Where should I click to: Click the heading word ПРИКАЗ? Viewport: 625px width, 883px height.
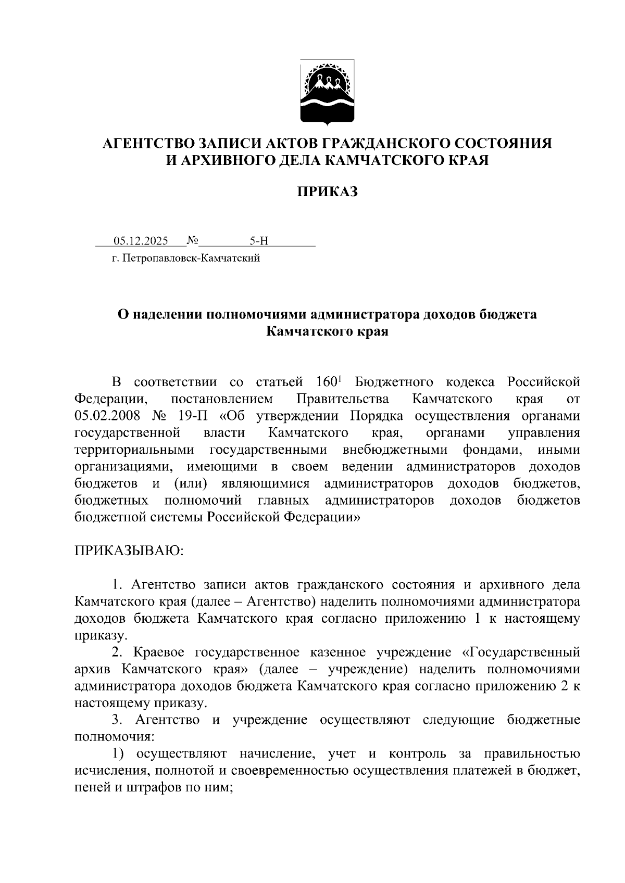[x=328, y=192]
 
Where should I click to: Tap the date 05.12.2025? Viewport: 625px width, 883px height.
[x=141, y=241]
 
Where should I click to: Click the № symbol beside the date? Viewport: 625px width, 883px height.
[x=193, y=240]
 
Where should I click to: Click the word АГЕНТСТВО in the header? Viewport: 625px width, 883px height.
[x=147, y=144]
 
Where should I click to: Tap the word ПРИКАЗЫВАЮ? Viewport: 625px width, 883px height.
[x=129, y=551]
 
